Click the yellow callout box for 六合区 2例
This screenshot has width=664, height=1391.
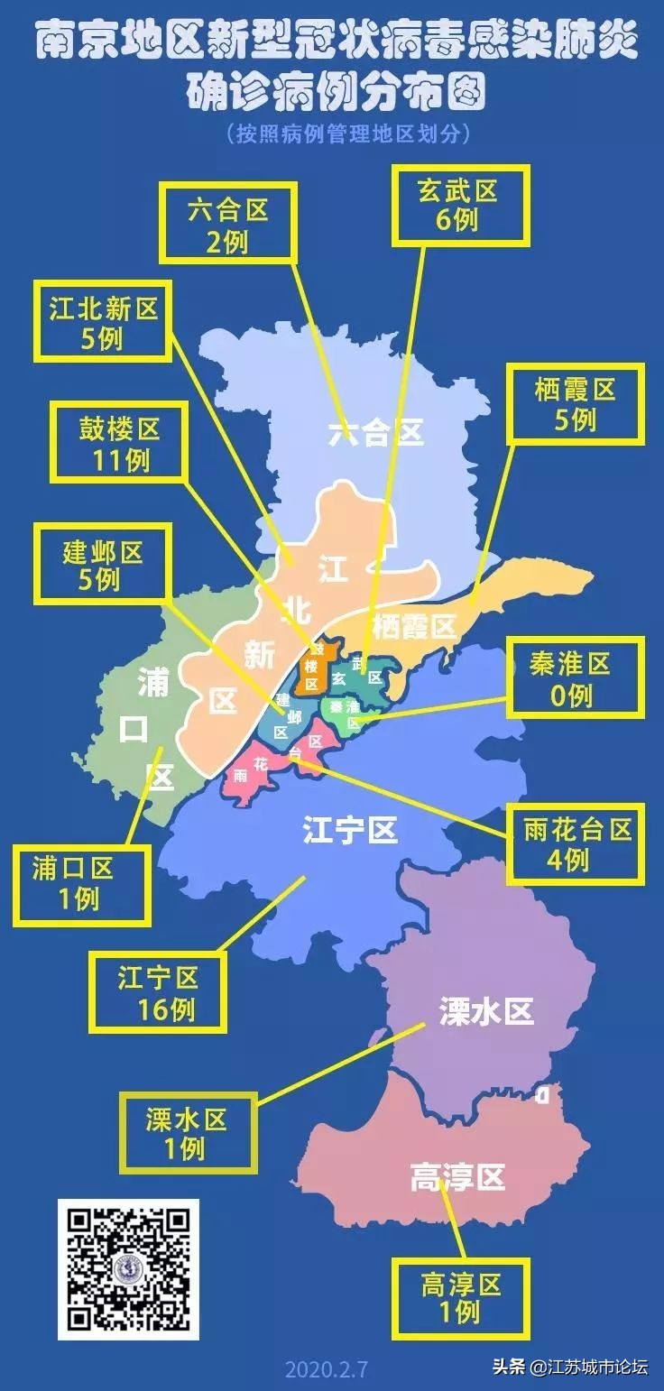tap(228, 224)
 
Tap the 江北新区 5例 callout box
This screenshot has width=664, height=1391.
tap(102, 322)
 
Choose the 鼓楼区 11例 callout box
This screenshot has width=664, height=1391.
tap(119, 442)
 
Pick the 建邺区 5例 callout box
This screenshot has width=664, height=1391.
tap(101, 565)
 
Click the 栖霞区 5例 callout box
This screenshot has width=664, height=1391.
tap(576, 403)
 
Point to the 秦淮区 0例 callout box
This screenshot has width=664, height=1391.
tap(575, 677)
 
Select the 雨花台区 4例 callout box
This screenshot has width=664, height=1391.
tap(575, 843)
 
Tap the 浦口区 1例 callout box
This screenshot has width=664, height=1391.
tap(81, 883)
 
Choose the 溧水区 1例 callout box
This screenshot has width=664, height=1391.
tap(188, 1133)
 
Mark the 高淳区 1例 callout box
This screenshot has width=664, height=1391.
tap(460, 1298)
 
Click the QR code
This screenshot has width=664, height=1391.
tap(129, 1269)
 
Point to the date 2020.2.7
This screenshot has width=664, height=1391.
tap(327, 1368)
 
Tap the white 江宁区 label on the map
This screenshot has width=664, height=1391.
tap(350, 829)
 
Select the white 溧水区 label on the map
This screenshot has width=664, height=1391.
tap(486, 1011)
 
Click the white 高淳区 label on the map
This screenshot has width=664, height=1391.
tap(457, 1176)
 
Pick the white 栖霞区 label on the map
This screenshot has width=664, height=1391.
tap(414, 625)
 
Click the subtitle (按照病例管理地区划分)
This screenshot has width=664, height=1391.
tap(350, 134)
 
